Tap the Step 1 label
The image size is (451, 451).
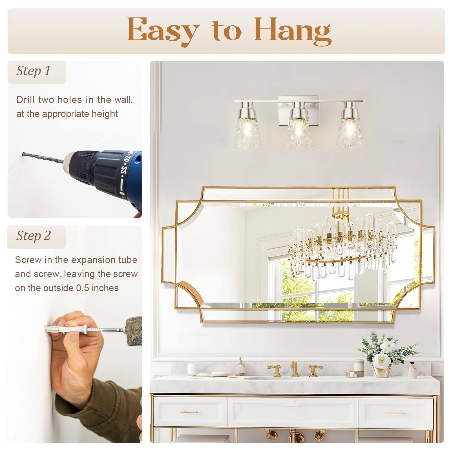click(34, 71)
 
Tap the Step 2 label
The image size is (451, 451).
click(34, 236)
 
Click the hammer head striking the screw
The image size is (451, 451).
click(134, 330)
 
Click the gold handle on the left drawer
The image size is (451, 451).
click(190, 412)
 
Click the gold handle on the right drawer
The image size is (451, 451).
click(396, 414)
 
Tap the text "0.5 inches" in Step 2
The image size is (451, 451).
click(98, 288)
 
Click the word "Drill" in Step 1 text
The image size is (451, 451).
click(25, 100)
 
